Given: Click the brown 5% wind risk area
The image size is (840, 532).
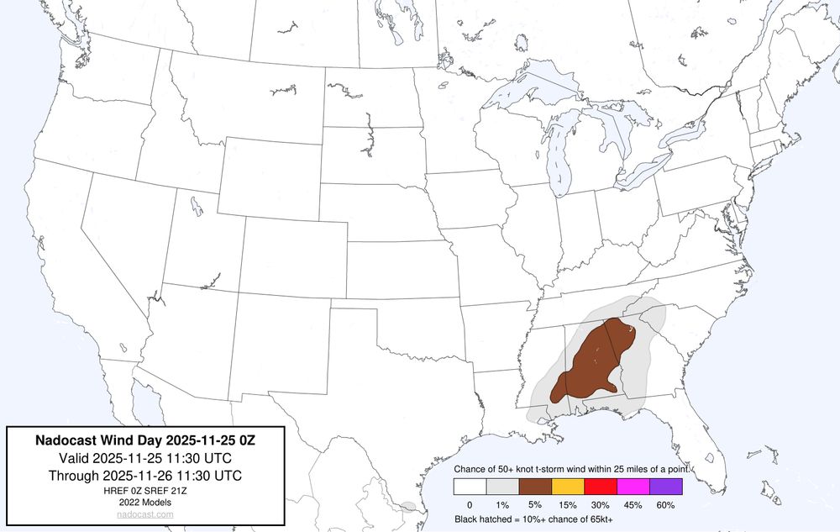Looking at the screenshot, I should (592, 366).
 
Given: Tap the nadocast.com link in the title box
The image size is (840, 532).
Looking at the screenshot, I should (145, 514).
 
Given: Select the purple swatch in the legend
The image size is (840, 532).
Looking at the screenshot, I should (666, 486).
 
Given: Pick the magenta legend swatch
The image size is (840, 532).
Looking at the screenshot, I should (633, 486).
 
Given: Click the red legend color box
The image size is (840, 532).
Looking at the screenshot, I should (601, 486).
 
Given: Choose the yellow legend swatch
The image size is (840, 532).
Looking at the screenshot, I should (568, 486).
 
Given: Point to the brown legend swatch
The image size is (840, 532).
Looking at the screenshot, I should (535, 486).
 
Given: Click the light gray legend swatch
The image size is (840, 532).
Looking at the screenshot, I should (502, 486).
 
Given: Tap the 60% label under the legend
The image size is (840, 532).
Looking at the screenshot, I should (666, 504).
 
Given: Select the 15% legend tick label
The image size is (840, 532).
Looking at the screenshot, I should (568, 504).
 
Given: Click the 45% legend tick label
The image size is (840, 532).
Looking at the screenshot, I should (633, 504).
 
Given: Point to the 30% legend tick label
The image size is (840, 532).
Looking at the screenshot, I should (601, 504).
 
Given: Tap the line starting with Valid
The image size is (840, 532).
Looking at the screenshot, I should (145, 458).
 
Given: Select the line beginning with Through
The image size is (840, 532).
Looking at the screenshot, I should (145, 475).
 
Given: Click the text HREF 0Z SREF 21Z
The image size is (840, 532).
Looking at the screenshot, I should (145, 490).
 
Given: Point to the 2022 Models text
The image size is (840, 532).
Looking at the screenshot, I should (145, 502).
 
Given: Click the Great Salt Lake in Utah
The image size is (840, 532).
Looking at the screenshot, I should (195, 204).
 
